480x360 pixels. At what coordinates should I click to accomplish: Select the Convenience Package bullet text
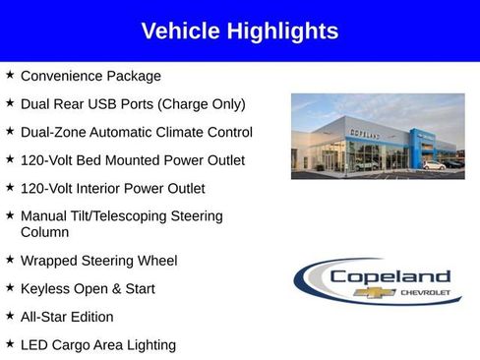[x=90, y=76]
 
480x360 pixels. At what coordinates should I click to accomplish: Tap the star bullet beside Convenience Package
[x=10, y=75]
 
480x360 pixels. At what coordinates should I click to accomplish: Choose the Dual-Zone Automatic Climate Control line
[x=136, y=132]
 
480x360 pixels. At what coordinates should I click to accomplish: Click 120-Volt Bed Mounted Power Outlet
[x=132, y=160]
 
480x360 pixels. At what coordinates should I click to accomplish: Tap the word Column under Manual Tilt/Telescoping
[x=44, y=233]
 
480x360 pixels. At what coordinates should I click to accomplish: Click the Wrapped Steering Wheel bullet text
[x=98, y=261]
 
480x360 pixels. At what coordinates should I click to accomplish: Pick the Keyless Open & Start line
[x=88, y=289]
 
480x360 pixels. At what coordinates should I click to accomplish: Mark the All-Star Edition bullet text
[x=67, y=317]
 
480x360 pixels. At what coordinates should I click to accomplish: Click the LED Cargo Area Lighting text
[x=97, y=345]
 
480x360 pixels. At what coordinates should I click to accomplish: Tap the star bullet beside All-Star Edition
[x=10, y=316]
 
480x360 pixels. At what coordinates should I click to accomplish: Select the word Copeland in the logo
[x=390, y=277]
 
